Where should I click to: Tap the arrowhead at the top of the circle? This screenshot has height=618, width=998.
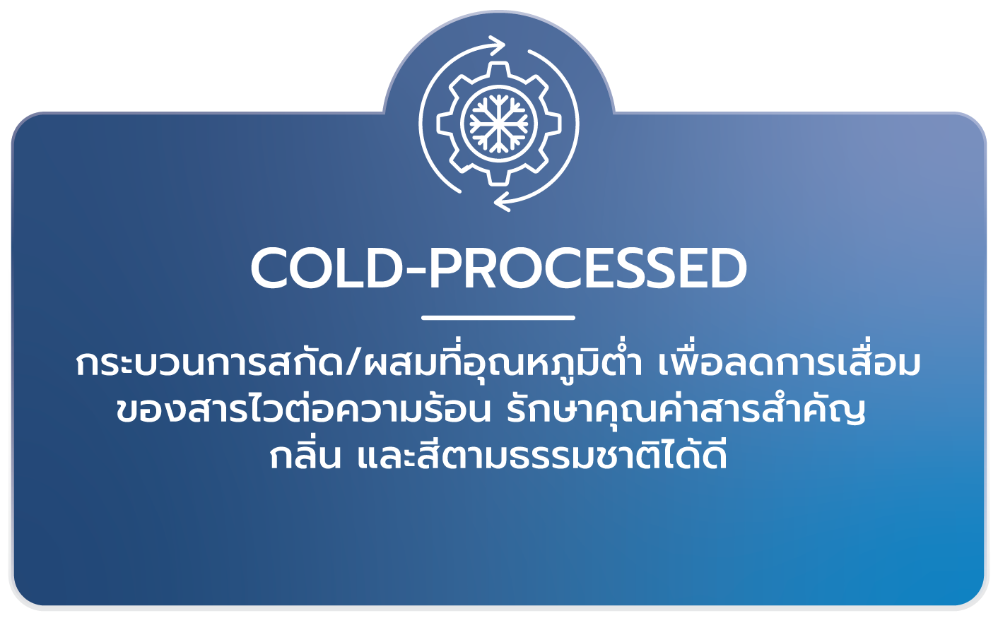(x=498, y=46)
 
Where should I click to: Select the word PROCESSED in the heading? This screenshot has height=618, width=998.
(x=587, y=269)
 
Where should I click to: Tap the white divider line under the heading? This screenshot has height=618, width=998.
(x=498, y=318)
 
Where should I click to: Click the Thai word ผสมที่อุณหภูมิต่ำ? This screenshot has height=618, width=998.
(x=501, y=363)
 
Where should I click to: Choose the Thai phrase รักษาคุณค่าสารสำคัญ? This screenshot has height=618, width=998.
(x=686, y=410)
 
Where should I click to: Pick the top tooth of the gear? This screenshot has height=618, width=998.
(x=498, y=71)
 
